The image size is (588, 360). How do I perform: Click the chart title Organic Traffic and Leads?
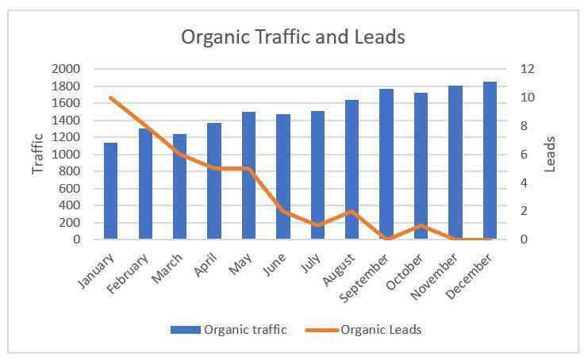pos(293,36)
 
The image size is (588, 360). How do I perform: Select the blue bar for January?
pos(110,191)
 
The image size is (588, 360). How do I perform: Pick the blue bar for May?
pos(248,175)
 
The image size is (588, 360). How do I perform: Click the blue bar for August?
pos(352,170)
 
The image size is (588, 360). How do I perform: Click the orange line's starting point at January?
pos(110,98)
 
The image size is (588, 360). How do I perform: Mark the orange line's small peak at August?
pos(352,211)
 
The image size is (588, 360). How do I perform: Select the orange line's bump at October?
pos(421,225)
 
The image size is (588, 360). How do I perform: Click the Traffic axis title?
pos(37,154)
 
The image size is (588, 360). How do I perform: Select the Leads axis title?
pos(551,154)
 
